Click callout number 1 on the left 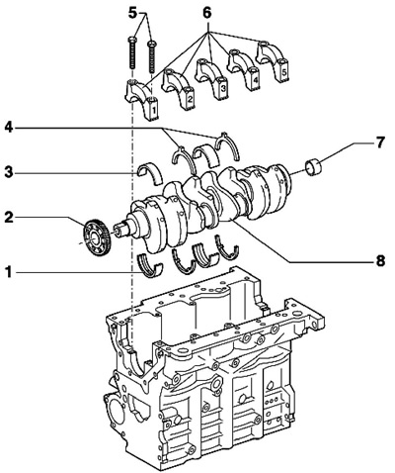click(x=9, y=272)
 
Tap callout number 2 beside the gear click(x=9, y=218)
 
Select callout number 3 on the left click(x=9, y=172)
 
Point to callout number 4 click(x=9, y=128)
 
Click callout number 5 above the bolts click(x=132, y=13)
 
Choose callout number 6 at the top click(x=206, y=13)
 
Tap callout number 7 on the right click(x=380, y=142)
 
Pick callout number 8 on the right click(x=380, y=261)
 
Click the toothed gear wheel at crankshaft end click(x=97, y=237)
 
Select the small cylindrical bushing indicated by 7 click(x=313, y=166)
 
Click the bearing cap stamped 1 click(x=141, y=99)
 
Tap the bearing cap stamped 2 click(x=179, y=87)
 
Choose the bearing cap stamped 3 click(x=211, y=77)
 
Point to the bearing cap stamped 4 click(x=245, y=69)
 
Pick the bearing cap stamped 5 click(x=274, y=61)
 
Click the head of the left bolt click(x=131, y=40)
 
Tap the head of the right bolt click(x=151, y=44)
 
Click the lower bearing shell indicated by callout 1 click(x=150, y=265)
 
